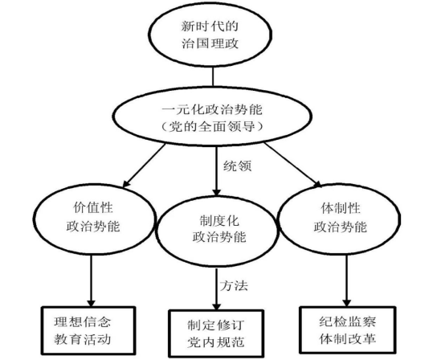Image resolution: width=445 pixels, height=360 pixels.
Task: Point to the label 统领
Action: click(x=237, y=166)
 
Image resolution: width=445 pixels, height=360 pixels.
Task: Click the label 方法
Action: click(x=234, y=285)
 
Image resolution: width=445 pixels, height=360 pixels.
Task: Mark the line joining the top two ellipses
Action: click(x=213, y=76)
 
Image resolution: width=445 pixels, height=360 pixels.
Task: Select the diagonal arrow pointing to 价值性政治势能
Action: click(x=144, y=166)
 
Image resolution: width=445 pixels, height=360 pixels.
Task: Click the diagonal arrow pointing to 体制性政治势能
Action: click(x=293, y=165)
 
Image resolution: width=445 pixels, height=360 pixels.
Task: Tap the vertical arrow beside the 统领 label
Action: click(x=217, y=171)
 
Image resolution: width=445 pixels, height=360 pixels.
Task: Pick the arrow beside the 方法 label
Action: click(x=217, y=288)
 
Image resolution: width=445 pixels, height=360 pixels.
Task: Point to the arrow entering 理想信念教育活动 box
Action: click(x=91, y=280)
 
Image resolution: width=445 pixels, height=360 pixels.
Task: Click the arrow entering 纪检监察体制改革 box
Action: click(x=346, y=280)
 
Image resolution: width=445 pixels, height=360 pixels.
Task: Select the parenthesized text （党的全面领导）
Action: click(x=212, y=126)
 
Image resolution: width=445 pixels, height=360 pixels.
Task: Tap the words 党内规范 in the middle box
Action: click(x=216, y=342)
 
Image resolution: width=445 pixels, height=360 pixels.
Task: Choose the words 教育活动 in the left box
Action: click(x=82, y=339)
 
